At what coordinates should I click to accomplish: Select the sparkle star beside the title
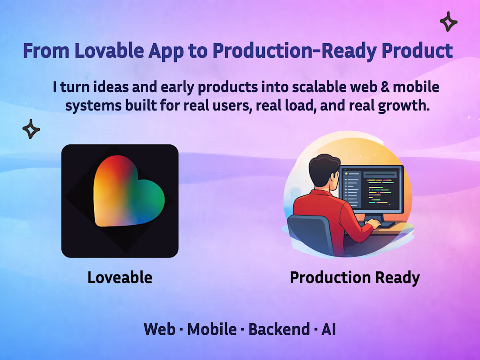coord(448,22)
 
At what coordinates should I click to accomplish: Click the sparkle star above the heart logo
coord(31,129)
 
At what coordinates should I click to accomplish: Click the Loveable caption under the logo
coord(120,278)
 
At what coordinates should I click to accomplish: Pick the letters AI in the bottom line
coord(329,329)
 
